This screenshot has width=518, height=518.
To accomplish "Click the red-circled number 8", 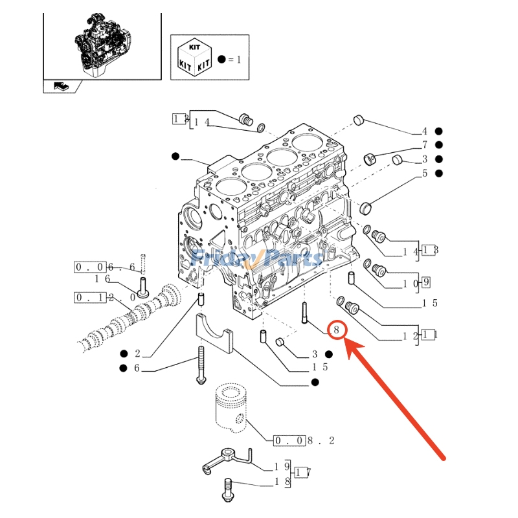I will (x=337, y=330).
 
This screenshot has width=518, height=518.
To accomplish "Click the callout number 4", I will (x=425, y=131).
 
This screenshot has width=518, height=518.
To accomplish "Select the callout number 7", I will (x=425, y=145).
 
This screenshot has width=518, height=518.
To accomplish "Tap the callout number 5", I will (x=425, y=174).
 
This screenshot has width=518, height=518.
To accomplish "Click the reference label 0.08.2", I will (x=304, y=441).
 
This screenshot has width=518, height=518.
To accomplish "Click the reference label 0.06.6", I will (x=105, y=267).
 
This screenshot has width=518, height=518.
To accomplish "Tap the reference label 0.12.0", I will (x=105, y=298).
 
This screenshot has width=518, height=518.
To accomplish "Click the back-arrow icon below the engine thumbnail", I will (x=60, y=86).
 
